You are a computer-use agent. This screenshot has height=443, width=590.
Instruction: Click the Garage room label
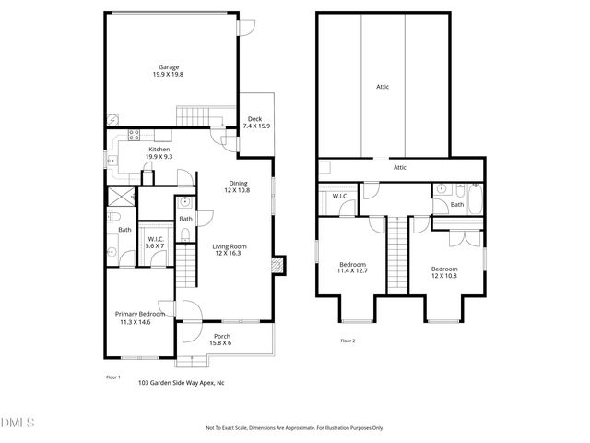(x=168, y=67)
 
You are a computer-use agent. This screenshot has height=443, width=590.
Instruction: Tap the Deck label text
(x=254, y=119)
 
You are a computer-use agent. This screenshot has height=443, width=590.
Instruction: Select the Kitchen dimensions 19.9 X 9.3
(x=159, y=157)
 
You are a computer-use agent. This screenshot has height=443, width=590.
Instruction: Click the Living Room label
(x=227, y=246)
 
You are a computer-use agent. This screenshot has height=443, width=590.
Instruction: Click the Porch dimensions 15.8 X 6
(x=222, y=343)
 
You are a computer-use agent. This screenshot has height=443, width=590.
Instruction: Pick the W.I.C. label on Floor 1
(x=155, y=240)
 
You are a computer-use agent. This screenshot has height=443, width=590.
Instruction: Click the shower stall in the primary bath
(x=119, y=196)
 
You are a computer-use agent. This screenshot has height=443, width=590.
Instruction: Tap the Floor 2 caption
(x=348, y=341)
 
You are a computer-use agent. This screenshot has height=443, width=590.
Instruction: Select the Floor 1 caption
(x=113, y=377)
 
